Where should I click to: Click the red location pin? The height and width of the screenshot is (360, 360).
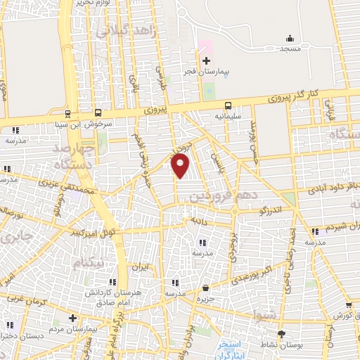point(181,166)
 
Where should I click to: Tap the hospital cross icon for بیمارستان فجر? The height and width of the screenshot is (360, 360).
point(205,61)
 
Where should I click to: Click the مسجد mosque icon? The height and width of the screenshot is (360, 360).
point(290,38)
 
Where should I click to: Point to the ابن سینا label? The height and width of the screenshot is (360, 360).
point(69,124)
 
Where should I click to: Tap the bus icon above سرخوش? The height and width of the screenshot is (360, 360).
point(98,112)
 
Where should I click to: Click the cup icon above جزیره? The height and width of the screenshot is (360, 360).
point(205,288)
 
